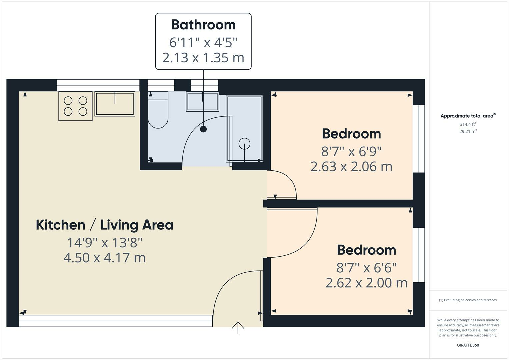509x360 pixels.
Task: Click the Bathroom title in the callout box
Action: (203, 25)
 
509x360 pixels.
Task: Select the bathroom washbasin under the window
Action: (202, 102)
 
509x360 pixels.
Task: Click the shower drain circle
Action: (244, 144)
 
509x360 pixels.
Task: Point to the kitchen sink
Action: (115, 104)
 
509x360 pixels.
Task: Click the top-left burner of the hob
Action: (68, 101)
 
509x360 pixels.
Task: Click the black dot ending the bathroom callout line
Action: (203, 129)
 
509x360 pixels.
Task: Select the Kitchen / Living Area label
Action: (104, 225)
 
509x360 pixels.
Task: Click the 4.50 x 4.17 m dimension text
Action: (104, 258)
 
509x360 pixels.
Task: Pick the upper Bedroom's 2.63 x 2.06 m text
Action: (351, 166)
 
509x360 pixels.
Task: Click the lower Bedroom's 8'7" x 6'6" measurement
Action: (366, 267)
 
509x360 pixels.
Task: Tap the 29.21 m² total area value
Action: (468, 131)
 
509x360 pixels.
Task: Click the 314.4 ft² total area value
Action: (468, 124)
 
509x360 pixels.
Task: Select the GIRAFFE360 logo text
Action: (468, 345)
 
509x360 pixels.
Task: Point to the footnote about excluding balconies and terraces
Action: (468, 300)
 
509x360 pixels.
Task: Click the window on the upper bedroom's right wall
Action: (419, 139)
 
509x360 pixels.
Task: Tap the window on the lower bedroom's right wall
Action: (419, 255)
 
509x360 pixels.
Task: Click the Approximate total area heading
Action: (468, 116)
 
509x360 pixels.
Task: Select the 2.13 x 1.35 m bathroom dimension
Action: (203, 58)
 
